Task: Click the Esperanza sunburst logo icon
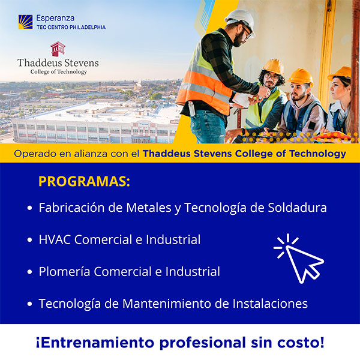pyautogui.click(x=25, y=22)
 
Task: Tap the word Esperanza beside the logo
pyautogui.click(x=55, y=18)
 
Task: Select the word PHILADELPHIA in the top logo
pyautogui.click(x=88, y=27)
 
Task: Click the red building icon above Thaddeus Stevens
pyautogui.click(x=58, y=49)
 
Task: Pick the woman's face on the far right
pyautogui.click(x=340, y=89)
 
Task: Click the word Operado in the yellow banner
pyautogui.click(x=35, y=154)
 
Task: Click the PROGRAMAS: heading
pyautogui.click(x=84, y=181)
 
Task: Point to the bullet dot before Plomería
pyautogui.click(x=29, y=272)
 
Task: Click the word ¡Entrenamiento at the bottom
pyautogui.click(x=95, y=343)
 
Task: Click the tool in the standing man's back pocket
pyautogui.click(x=191, y=108)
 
